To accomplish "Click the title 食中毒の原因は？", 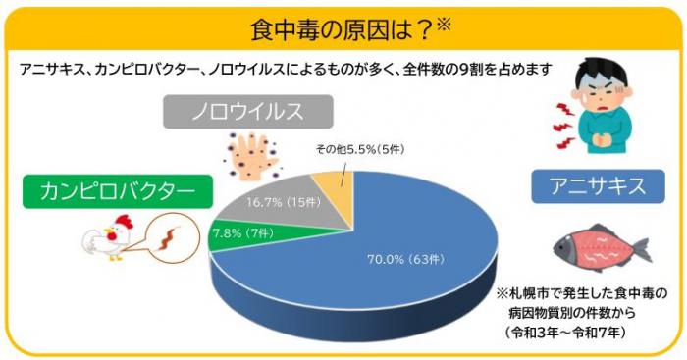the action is [342, 30].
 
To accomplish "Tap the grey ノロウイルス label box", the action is [248, 112].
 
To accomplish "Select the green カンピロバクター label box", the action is [118, 191].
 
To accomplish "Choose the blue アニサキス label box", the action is [598, 186].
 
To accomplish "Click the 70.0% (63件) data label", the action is [405, 260].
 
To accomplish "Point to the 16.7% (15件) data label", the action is [284, 202].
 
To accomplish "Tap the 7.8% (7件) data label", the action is [243, 233].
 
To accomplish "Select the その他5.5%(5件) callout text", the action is [360, 150].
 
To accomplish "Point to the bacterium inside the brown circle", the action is [169, 237].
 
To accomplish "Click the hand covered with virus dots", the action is [251, 155].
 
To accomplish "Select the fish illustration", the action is [602, 248].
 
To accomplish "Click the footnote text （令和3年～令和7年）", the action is [565, 333].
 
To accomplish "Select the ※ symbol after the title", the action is [444, 26].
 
